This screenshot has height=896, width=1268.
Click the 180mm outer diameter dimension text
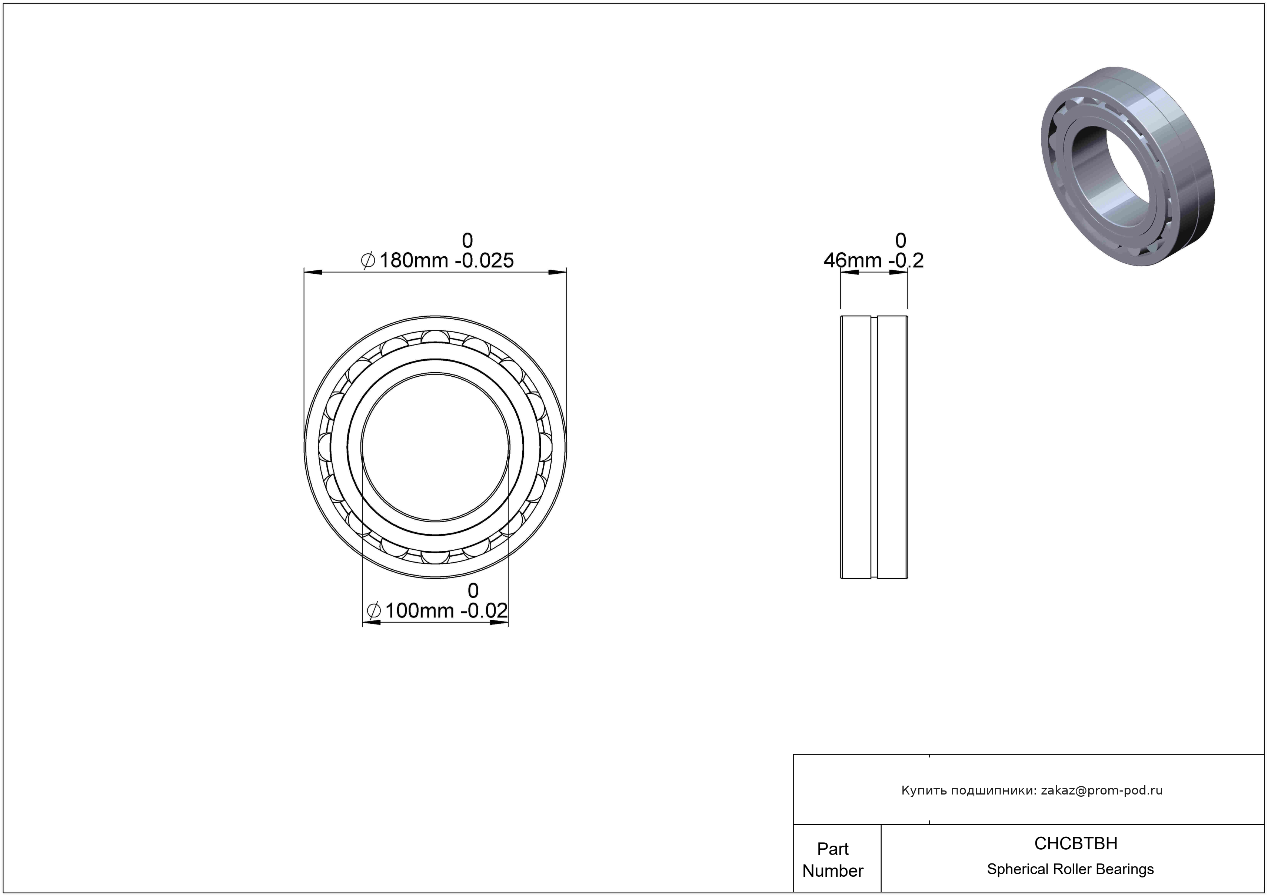[x=413, y=260]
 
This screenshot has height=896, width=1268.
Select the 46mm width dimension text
[x=853, y=260]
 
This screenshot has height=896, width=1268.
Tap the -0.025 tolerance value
[x=484, y=260]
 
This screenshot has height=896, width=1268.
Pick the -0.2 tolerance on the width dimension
[x=906, y=260]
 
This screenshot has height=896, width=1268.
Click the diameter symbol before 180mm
[x=368, y=260]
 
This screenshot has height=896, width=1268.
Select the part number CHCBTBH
[x=1076, y=843]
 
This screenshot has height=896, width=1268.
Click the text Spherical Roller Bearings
[x=1070, y=869]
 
